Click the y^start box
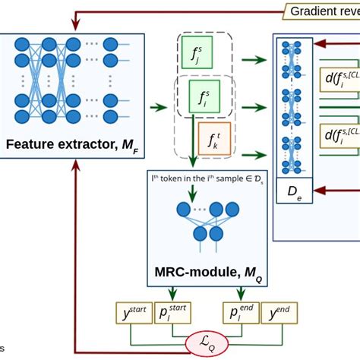133,313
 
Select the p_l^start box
175,313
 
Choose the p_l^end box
240,313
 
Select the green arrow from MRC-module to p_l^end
230,292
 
